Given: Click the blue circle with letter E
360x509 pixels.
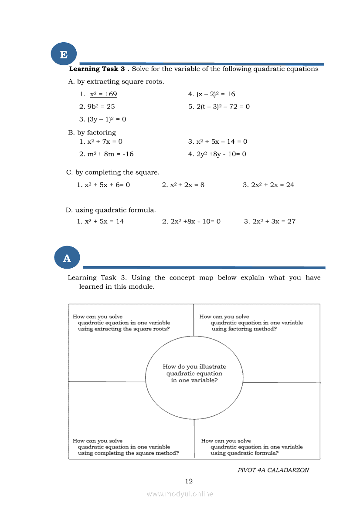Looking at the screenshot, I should tap(64, 55).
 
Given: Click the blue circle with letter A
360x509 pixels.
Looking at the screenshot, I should tap(67, 258).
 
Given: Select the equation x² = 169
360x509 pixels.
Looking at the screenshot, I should tap(103, 94).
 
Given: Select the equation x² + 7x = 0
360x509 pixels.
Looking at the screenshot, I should tap(105, 142).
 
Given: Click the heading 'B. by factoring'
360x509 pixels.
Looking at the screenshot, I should tap(92, 132).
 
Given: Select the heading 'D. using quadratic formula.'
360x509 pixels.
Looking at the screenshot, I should tap(111, 210).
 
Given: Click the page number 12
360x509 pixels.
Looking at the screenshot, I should tap(189, 481).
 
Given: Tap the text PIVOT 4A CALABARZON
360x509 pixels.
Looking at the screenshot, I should tap(273, 470).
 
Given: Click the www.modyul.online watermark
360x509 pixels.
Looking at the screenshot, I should tap(180, 494).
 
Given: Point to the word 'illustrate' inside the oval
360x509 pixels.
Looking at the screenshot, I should tap(213, 367).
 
